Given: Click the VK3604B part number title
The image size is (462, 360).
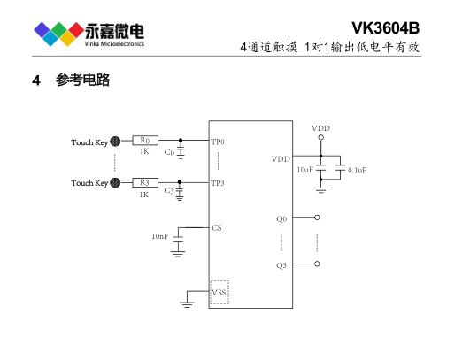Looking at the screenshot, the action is click(385, 28).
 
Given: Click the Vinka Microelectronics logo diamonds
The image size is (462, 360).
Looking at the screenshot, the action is click(58, 34).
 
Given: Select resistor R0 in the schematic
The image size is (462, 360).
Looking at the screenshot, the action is click(145, 141).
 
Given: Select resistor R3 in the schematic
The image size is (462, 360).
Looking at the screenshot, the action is click(145, 182).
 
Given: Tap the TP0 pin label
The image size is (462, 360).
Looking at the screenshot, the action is click(218, 142).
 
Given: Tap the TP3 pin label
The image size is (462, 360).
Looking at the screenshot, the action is click(218, 183).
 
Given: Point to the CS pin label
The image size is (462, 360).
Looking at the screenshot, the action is click(217, 228).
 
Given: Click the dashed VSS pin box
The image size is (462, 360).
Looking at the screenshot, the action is click(219, 292).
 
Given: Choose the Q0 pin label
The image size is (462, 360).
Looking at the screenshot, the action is click(281, 219).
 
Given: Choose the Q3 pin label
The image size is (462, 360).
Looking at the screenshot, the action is click(281, 265).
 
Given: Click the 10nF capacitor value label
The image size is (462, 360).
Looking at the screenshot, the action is click(160, 236).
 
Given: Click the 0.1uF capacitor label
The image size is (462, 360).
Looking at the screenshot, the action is click(358, 170).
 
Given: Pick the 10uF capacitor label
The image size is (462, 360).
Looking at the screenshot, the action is click(304, 170).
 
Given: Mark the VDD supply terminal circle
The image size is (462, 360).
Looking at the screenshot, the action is click(321, 137).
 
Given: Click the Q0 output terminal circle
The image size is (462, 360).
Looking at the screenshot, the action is click(317, 218).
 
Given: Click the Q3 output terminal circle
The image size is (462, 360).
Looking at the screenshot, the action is click(317, 264).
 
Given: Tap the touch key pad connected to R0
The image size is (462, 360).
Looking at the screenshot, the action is click(115, 142).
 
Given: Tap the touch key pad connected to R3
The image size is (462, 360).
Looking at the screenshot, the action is click(115, 183).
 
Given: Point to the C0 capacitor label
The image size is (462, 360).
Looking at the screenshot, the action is click(169, 152).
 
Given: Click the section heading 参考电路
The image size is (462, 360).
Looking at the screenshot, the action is click(83, 80).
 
